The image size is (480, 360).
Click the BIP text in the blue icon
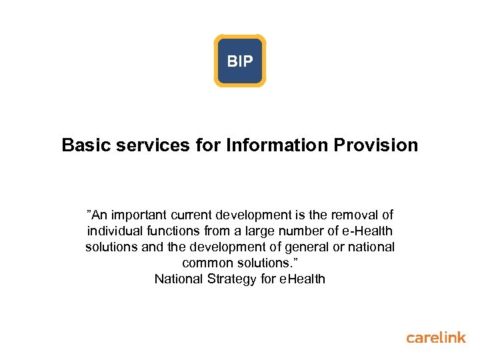[x=240, y=61]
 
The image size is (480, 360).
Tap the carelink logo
[x=436, y=337]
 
